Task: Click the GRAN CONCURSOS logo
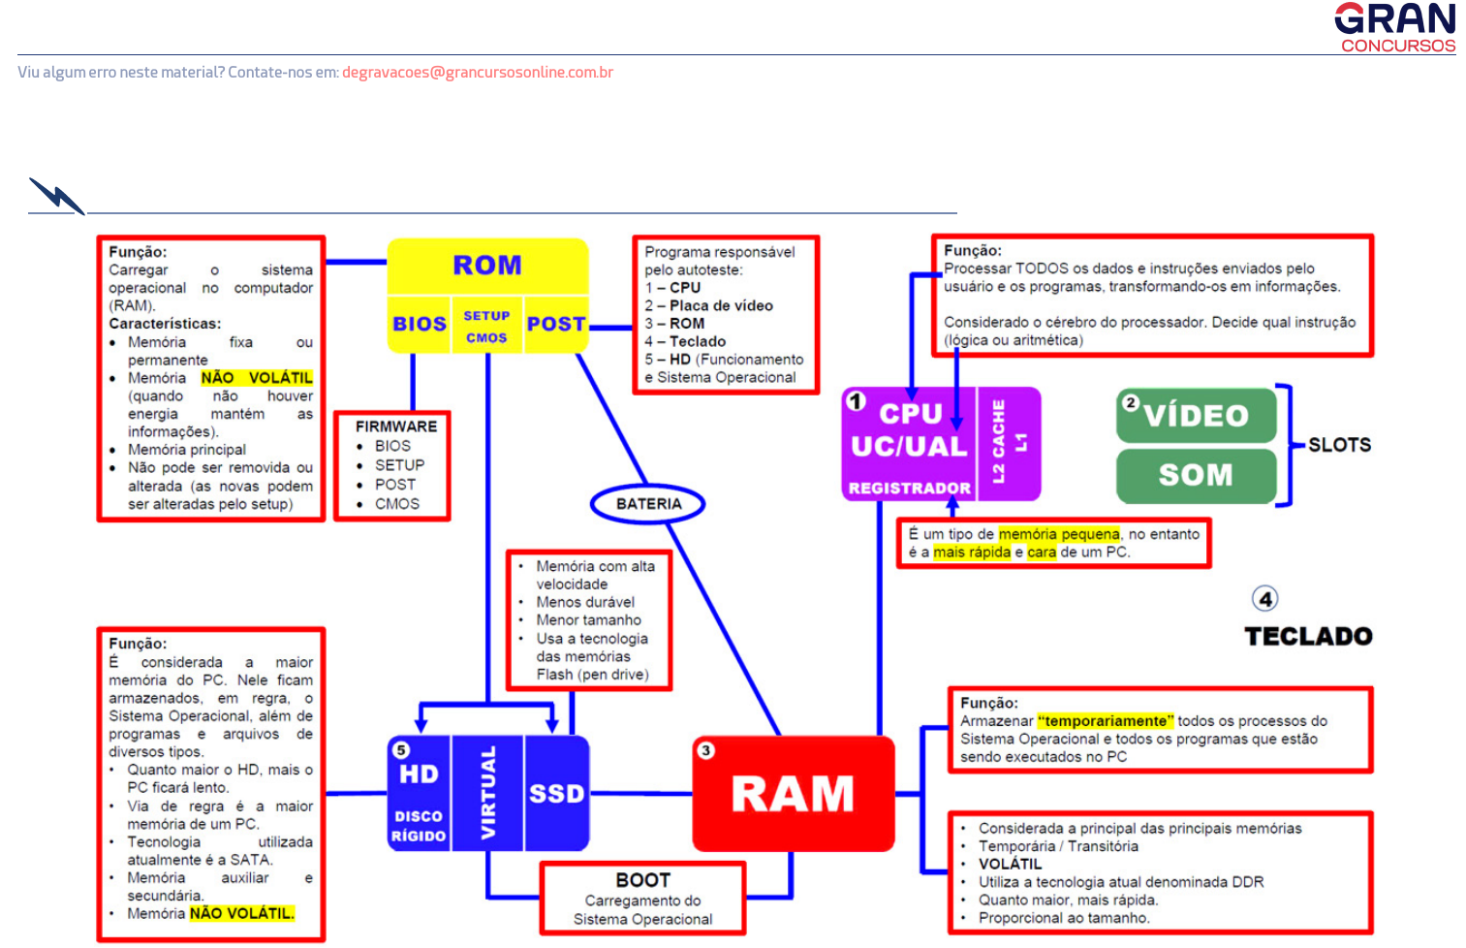tap(1395, 27)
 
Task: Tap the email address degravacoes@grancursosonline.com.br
tap(477, 73)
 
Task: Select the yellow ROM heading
tap(487, 266)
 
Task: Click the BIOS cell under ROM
tap(420, 325)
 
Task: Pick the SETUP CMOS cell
tap(486, 327)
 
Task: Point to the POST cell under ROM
tap(556, 325)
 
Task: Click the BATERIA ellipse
tap(648, 504)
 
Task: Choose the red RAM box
tap(794, 794)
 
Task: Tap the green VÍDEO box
tap(1197, 416)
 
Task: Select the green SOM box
tap(1197, 475)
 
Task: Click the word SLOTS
tap(1340, 445)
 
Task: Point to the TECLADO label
tap(1308, 637)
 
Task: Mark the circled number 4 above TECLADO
tap(1264, 599)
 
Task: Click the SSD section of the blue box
tap(557, 794)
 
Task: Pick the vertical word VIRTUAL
tap(488, 793)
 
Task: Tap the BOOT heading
tap(643, 880)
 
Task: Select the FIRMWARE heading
tap(396, 427)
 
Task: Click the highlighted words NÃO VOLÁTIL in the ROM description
tap(257, 378)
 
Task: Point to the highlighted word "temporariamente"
tap(1106, 721)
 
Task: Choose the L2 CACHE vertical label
tap(998, 442)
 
